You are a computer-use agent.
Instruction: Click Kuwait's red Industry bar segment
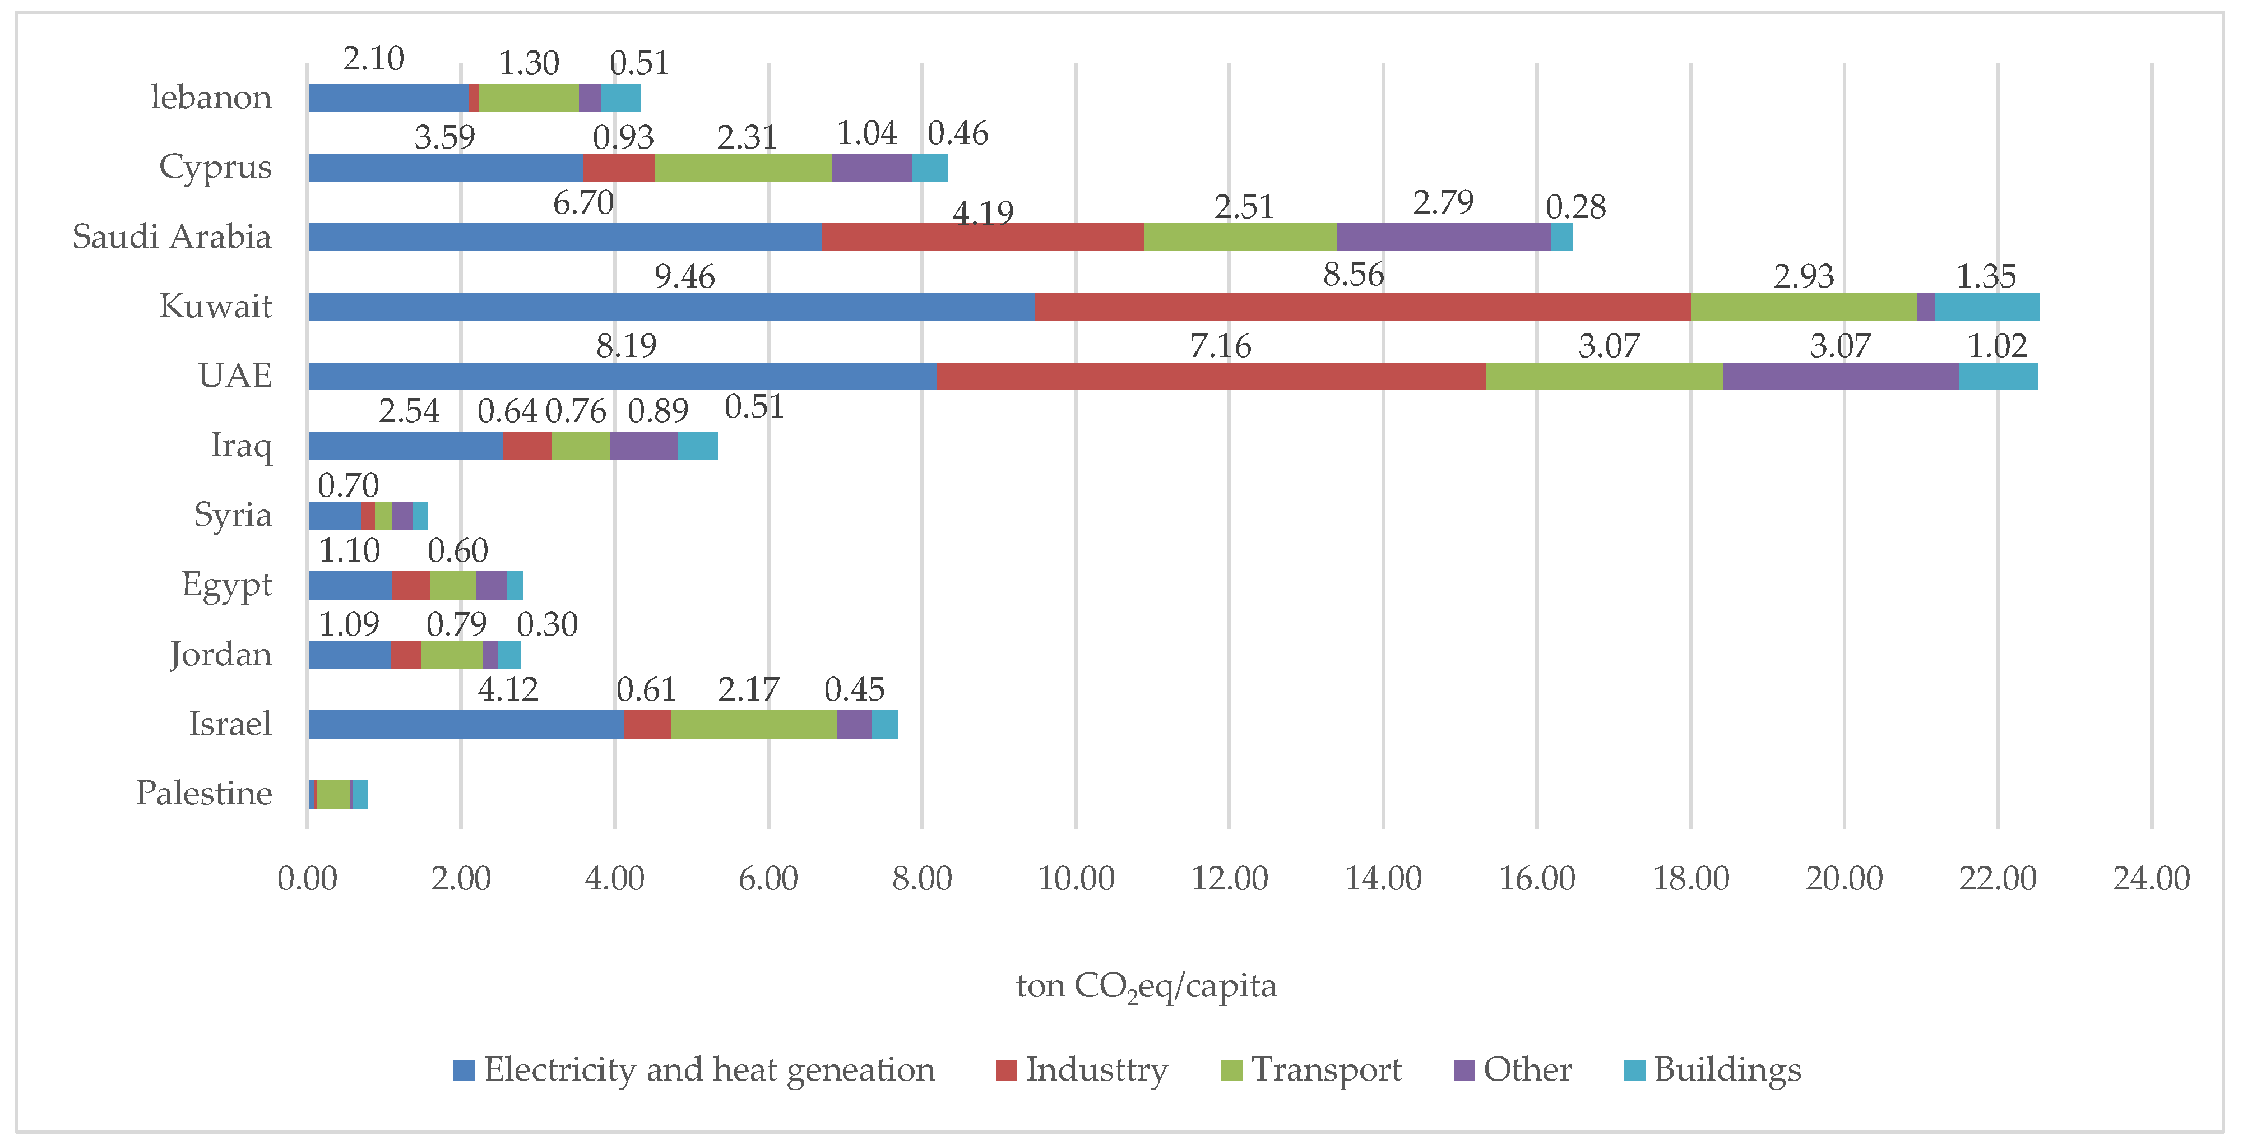click(1362, 307)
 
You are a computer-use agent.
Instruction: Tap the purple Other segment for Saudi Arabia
click(1443, 237)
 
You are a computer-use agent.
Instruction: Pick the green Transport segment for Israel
click(753, 725)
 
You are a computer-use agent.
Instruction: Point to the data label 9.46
click(684, 277)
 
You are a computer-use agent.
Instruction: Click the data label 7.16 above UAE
click(1220, 346)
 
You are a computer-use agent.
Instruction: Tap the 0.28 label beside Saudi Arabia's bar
click(1575, 207)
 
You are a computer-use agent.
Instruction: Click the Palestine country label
click(204, 793)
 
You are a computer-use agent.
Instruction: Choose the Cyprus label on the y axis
click(215, 166)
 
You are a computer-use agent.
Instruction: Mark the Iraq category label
click(241, 445)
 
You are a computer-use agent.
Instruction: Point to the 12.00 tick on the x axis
click(1229, 879)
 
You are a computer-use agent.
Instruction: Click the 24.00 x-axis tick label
click(2151, 879)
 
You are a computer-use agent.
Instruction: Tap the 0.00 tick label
click(307, 879)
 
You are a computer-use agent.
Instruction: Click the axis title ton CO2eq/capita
click(1146, 986)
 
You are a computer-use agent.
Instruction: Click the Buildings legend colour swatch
click(1634, 1070)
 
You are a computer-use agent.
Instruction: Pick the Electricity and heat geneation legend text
click(709, 1069)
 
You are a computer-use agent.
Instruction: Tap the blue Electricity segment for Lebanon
click(387, 98)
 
